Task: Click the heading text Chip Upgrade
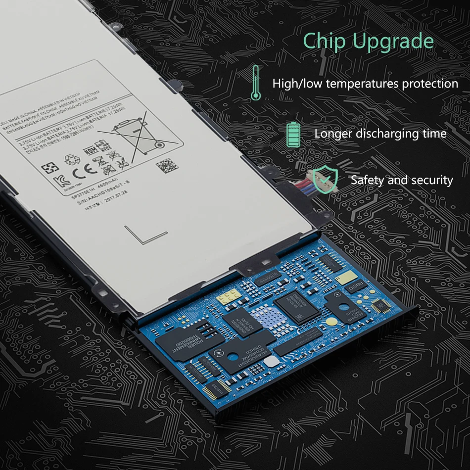368,41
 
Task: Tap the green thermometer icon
255,82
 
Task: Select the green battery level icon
293,134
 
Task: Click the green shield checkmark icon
325,179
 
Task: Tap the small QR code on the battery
165,167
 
